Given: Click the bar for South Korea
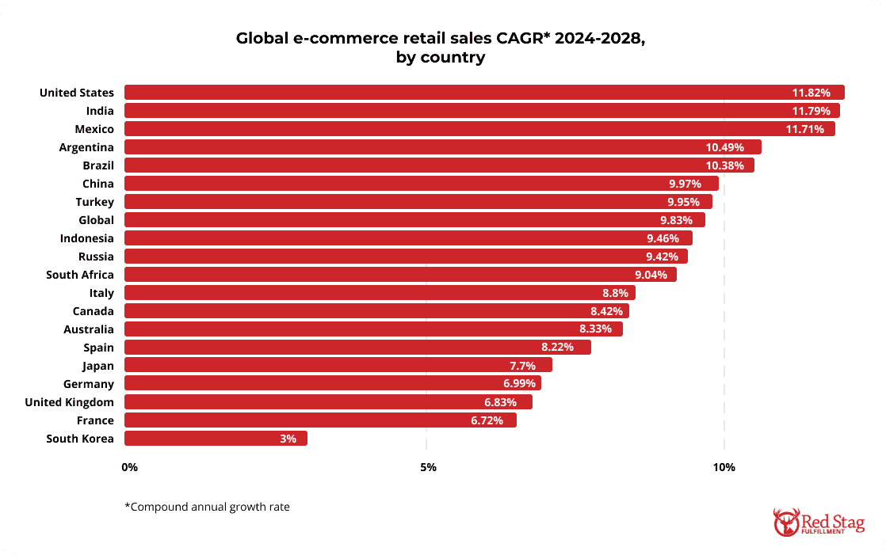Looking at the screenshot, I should tap(216, 439).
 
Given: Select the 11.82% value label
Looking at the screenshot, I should tap(812, 93).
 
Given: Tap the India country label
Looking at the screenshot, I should tap(99, 111).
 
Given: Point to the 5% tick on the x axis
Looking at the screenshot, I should tap(428, 467).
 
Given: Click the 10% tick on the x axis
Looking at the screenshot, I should tap(724, 467).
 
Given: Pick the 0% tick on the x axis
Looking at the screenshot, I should tap(130, 467).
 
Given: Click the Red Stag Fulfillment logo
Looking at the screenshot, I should tap(819, 522).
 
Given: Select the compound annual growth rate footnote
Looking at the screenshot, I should tap(207, 507).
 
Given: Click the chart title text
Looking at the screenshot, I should tap(441, 48).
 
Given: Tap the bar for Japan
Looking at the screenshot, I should tap(338, 366).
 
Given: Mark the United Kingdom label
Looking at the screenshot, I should tap(69, 402).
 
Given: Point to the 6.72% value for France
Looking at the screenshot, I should tap(487, 420).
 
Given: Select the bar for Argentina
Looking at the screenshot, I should tap(442, 147).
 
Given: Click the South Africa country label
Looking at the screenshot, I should tap(79, 275).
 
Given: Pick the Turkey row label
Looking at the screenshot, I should tap(94, 202).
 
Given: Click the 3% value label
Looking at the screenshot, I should tap(288, 439).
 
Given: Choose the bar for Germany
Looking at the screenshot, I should tap(332, 384).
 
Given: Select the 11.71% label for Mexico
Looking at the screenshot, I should tap(805, 129).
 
